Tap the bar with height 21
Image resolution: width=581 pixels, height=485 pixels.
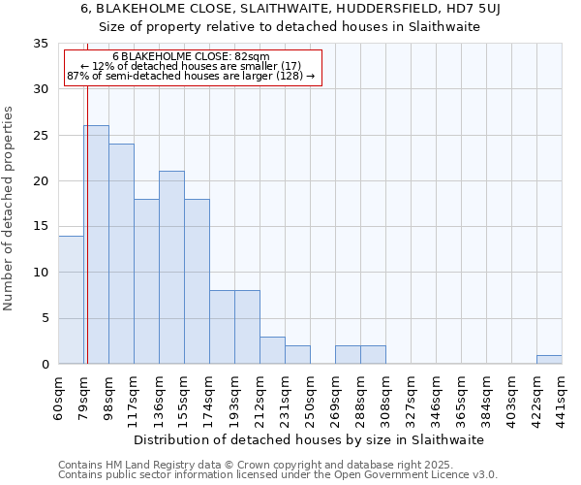171,268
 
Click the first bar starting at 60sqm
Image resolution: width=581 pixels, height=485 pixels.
71,300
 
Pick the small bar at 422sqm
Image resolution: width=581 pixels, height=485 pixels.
549,360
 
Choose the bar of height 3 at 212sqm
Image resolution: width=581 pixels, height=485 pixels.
272,350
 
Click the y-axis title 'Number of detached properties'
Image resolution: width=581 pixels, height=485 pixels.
10,209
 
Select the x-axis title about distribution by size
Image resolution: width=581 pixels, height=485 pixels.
308,439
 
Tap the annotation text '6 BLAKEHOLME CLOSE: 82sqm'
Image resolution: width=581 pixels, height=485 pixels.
191,57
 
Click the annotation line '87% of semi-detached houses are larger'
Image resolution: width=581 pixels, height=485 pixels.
191,76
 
